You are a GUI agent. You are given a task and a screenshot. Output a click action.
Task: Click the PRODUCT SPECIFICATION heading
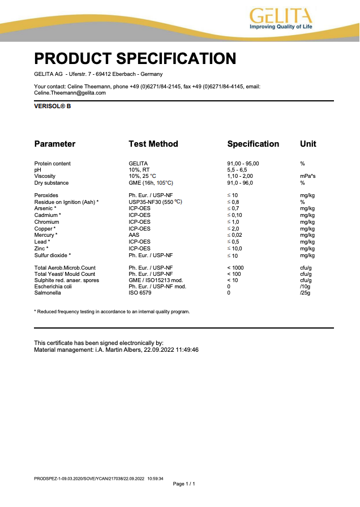pyautogui.click(x=135, y=58)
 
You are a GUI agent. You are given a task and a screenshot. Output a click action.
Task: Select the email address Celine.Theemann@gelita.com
pyautogui.click(x=70, y=92)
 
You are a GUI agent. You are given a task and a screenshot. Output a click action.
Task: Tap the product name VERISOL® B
pyautogui.click(x=53, y=106)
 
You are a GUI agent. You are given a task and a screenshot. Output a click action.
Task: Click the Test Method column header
pyautogui.click(x=153, y=144)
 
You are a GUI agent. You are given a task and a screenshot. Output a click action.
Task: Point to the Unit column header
pyautogui.click(x=308, y=144)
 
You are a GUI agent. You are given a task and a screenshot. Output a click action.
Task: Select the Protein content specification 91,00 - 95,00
pyautogui.click(x=243, y=164)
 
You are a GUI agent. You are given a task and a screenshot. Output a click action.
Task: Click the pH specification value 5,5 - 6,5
pyautogui.click(x=237, y=170)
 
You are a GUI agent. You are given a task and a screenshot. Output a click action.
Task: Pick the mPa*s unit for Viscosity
pyautogui.click(x=308, y=176)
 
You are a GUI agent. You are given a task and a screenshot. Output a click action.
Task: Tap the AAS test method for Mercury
pyautogui.click(x=134, y=235)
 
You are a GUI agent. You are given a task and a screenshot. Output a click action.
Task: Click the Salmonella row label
pyautogui.click(x=48, y=293)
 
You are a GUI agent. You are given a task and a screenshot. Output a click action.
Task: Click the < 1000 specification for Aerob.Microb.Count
pyautogui.click(x=236, y=267)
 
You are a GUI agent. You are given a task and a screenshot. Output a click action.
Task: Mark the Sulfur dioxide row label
pyautogui.click(x=53, y=255)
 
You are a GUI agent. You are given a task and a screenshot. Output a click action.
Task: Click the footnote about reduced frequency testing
pyautogui.click(x=112, y=312)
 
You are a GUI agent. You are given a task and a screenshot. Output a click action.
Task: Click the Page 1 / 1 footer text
pyautogui.click(x=183, y=484)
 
